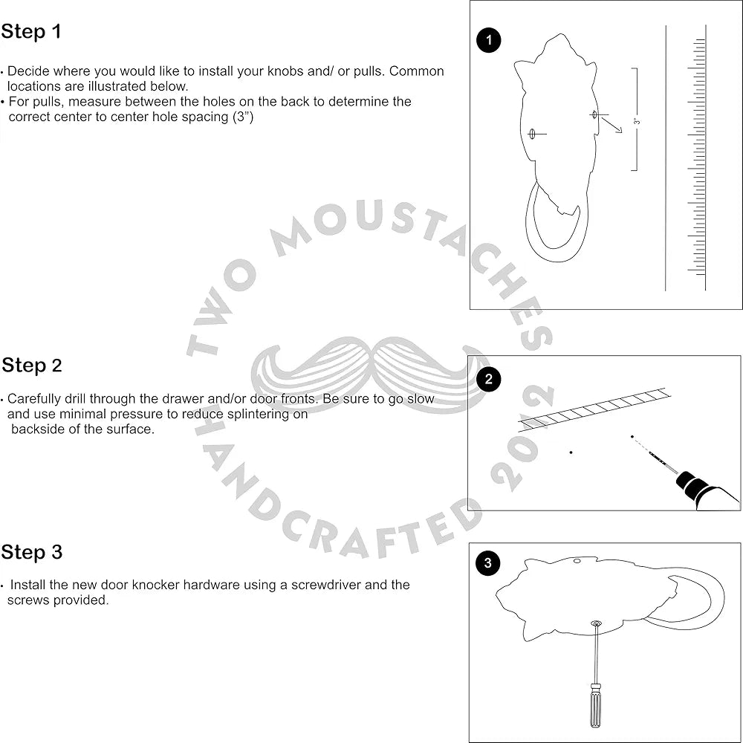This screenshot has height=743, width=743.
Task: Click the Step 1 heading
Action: tap(31, 32)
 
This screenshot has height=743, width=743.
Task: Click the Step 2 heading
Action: tap(32, 366)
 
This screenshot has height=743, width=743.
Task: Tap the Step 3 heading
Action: tap(32, 552)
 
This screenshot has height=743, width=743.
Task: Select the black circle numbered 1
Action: tap(488, 41)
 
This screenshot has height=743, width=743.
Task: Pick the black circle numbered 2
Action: tap(488, 380)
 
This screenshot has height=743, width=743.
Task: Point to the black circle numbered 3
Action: tap(487, 563)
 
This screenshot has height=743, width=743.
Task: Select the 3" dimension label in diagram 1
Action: tap(637, 120)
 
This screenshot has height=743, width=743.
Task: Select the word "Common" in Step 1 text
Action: tap(417, 71)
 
